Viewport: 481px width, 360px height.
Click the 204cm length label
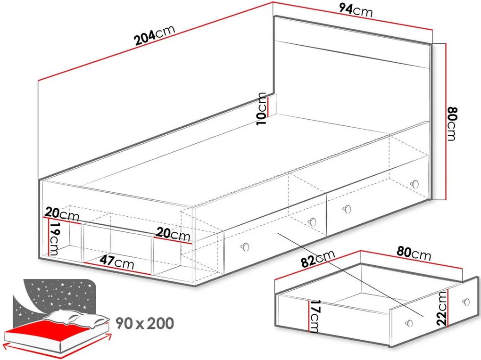point(155,35)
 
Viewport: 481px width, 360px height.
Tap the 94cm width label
point(356,10)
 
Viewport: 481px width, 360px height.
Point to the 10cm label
point(261,108)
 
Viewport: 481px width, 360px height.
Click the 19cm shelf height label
point(54,239)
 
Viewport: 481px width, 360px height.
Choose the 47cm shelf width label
point(117,262)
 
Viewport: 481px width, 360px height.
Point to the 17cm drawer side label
point(315,316)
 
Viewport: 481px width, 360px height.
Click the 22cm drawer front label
point(442,308)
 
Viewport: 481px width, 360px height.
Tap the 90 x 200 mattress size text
point(145,323)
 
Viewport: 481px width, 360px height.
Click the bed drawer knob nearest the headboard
point(415,184)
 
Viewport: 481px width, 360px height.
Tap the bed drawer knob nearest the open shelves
point(245,247)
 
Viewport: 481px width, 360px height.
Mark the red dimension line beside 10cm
point(268,107)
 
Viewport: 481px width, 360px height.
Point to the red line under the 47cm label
point(117,269)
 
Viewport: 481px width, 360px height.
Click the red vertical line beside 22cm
point(448,308)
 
